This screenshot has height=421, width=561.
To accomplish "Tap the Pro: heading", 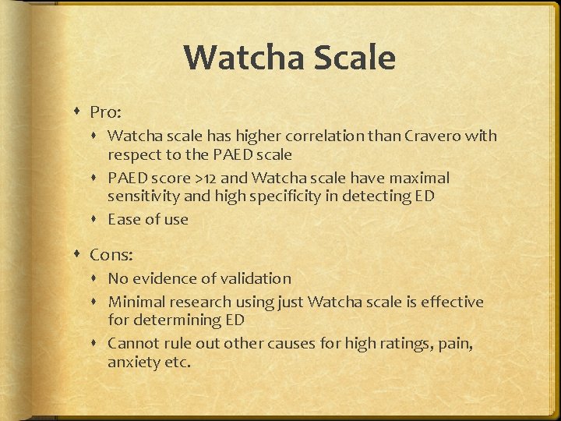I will tap(105, 112).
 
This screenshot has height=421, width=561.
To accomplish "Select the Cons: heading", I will tap(111, 254).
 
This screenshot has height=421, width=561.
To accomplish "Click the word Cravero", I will tap(433, 136).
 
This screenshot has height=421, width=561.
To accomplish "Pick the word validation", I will tap(251, 278).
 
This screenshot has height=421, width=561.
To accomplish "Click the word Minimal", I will tap(137, 302).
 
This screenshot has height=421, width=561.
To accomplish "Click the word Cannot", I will tap(134, 343).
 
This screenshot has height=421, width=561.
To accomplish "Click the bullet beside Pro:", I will tap(79, 112).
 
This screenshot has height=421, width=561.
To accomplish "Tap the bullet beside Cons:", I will tap(79, 254).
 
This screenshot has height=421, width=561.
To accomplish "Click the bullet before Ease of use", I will tap(98, 219).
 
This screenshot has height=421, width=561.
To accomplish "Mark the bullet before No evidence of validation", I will tap(98, 278).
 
